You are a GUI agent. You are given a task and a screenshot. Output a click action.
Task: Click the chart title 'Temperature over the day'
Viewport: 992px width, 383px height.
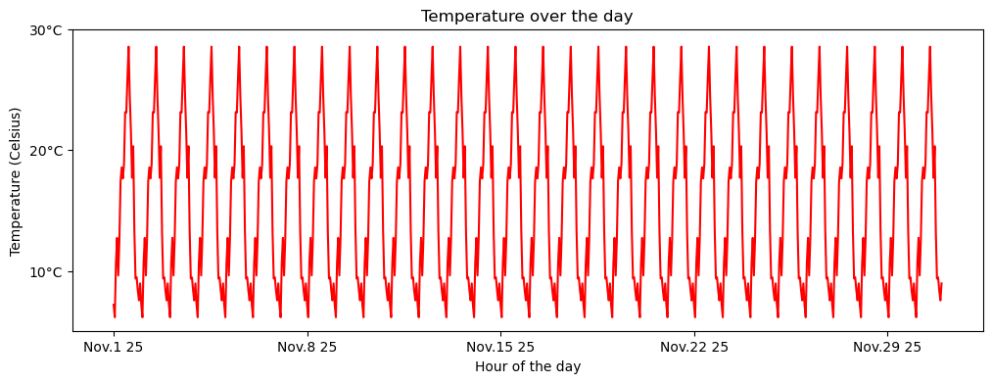click(527, 16)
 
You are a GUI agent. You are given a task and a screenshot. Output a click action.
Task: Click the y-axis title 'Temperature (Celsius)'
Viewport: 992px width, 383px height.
click(16, 181)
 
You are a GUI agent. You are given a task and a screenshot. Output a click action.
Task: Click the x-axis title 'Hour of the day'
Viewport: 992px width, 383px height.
click(527, 366)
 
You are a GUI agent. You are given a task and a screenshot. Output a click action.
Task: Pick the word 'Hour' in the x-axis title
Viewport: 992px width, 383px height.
click(491, 366)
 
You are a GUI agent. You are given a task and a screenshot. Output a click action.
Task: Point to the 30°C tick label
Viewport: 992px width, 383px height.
click(43, 30)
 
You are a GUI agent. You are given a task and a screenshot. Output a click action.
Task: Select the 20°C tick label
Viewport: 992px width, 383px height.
click(43, 151)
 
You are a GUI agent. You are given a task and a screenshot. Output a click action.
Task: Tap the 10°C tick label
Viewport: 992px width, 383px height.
click(43, 271)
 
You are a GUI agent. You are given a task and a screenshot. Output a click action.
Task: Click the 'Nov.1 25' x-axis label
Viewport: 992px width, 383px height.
click(114, 347)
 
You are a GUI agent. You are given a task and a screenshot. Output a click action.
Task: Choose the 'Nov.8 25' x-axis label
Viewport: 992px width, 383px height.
click(307, 347)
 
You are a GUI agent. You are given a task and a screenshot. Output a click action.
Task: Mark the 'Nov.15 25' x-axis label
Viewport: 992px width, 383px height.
click(500, 347)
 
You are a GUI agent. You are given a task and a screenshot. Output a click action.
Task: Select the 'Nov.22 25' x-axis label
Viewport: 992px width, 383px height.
click(694, 347)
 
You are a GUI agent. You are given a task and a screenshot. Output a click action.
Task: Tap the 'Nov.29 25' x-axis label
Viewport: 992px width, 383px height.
click(887, 347)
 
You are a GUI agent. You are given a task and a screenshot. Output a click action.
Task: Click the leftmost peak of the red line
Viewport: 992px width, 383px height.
click(128, 47)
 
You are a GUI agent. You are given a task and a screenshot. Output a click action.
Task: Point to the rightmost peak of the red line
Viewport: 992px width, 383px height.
click(929, 47)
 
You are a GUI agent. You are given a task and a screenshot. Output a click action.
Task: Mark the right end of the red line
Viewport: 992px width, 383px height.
click(941, 283)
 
